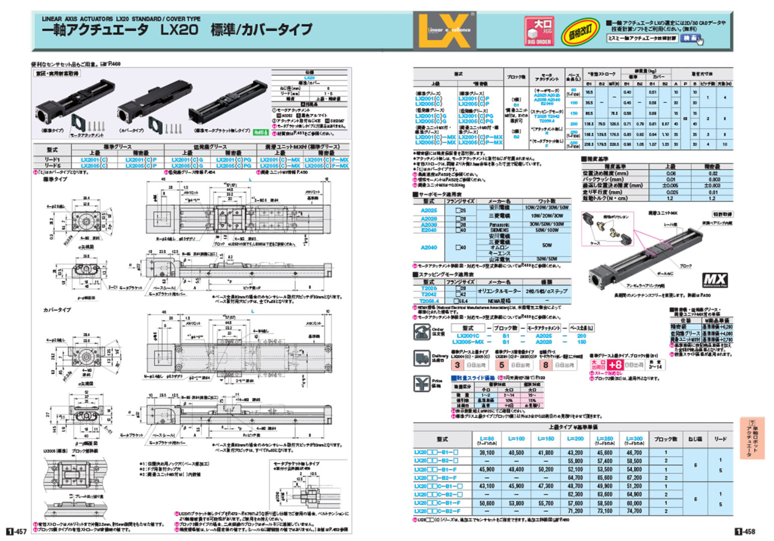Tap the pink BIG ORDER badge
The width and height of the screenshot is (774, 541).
pyautogui.click(x=539, y=31)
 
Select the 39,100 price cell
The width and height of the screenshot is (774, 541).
pyautogui.click(x=486, y=452)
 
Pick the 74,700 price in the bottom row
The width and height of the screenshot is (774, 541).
pyautogui.click(x=634, y=511)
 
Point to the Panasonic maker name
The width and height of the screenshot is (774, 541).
pyautogui.click(x=499, y=224)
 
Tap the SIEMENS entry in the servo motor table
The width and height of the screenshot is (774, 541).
pyautogui.click(x=499, y=230)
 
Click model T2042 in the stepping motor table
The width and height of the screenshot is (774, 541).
pyautogui.click(x=429, y=294)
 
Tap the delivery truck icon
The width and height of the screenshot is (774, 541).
pyautogui.click(x=421, y=358)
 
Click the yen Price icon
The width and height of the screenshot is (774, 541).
pyautogui.click(x=421, y=383)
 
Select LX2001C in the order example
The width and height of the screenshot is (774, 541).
pyautogui.click(x=468, y=335)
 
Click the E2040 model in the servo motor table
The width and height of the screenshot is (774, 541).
pyautogui.click(x=429, y=230)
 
